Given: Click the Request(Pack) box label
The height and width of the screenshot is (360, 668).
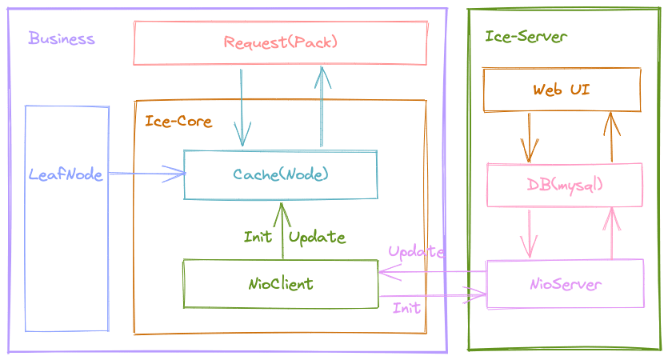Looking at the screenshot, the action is click(x=280, y=42).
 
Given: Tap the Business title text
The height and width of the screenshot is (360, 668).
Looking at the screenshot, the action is click(x=62, y=38).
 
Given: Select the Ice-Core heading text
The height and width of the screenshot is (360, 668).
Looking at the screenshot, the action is click(x=178, y=121).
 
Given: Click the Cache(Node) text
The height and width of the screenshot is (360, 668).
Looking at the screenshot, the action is click(x=280, y=174).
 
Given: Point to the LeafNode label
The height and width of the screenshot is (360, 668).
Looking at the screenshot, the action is click(x=66, y=174).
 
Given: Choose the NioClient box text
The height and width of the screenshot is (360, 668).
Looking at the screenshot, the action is click(x=281, y=284).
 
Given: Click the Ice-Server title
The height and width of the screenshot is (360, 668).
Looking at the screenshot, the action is click(x=526, y=37).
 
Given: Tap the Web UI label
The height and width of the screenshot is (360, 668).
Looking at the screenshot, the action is click(x=562, y=90).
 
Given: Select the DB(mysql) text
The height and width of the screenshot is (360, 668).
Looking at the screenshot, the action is click(x=565, y=186).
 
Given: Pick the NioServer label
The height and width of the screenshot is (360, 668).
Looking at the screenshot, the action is click(x=566, y=284).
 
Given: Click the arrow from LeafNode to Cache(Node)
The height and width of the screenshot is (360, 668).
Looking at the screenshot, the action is click(x=147, y=174).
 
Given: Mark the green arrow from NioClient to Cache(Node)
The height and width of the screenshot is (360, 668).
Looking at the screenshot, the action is click(x=282, y=231).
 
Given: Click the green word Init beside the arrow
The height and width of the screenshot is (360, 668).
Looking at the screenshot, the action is click(x=258, y=237).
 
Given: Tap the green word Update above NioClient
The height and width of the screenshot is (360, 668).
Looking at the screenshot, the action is click(x=317, y=238).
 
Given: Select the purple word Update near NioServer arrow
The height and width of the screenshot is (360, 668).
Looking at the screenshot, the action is click(x=416, y=252).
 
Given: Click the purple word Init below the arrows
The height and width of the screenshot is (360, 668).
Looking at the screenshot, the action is click(x=406, y=307).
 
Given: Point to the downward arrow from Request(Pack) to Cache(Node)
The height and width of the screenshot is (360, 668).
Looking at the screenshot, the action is click(x=242, y=108).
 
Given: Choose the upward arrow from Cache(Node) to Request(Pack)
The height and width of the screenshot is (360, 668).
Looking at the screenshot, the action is click(x=322, y=106).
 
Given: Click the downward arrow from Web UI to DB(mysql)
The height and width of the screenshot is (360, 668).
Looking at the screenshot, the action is click(x=529, y=138).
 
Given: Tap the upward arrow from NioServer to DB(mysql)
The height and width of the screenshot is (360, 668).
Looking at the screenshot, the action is click(x=612, y=233).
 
